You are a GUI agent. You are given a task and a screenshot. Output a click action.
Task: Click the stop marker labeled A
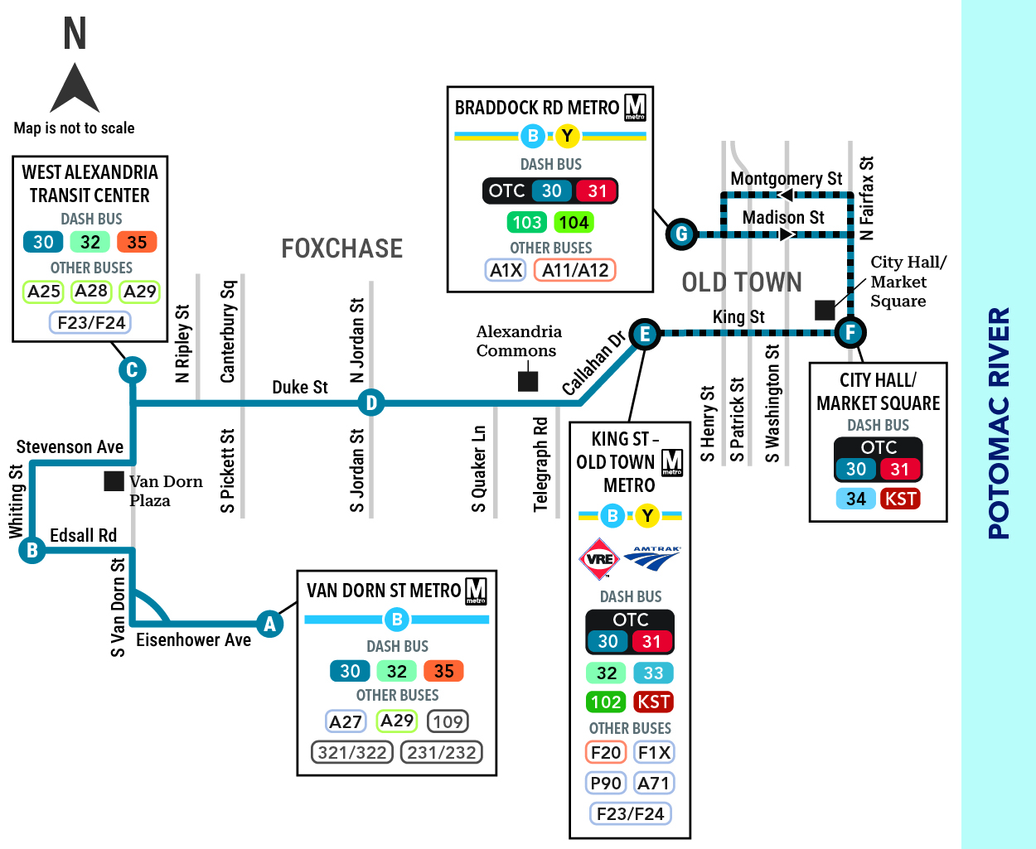point(269,624)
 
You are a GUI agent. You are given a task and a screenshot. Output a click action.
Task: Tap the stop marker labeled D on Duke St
point(370,403)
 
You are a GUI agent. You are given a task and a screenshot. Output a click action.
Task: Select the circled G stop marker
point(681,234)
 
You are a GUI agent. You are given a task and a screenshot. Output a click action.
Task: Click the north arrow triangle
point(75,88)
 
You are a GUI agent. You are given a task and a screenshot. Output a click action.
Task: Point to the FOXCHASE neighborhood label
point(342,248)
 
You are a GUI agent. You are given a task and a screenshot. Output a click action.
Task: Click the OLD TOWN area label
point(741,282)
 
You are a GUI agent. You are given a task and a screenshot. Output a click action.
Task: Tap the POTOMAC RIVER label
point(999,422)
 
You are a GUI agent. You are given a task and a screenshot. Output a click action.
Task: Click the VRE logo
point(599,559)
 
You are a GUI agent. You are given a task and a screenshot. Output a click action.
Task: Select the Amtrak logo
point(652,558)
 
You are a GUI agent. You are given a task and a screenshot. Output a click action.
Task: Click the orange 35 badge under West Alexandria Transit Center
point(137,242)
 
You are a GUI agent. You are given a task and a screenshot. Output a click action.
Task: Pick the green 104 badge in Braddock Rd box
point(574,223)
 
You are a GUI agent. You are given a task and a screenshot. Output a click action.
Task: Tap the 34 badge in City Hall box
point(855,499)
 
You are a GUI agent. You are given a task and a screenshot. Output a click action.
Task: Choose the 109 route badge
point(448,721)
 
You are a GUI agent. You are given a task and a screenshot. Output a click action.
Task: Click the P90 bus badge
point(606,783)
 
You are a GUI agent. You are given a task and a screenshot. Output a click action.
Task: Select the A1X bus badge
point(506,270)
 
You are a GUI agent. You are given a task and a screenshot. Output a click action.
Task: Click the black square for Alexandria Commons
point(528,382)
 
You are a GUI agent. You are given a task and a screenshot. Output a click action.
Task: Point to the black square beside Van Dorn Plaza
point(114,481)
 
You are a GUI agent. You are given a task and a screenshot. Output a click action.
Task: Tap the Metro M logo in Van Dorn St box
point(476,591)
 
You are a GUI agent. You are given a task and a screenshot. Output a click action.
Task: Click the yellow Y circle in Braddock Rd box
point(568,136)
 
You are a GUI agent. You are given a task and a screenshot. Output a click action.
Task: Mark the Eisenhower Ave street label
point(194,639)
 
